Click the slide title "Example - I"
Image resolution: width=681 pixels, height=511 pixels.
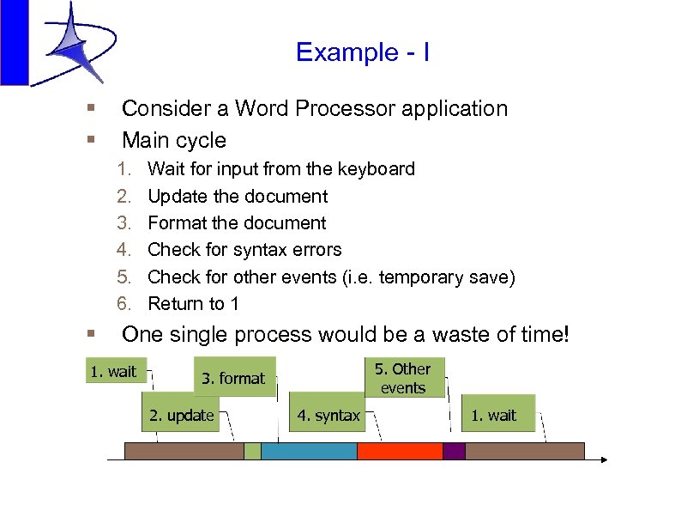362,52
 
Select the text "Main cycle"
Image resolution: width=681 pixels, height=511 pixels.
174,140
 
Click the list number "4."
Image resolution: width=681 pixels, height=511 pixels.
125,250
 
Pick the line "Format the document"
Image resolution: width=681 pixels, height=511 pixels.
237,223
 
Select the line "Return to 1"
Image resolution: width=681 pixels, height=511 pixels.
193,304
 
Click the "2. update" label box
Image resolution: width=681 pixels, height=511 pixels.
181,416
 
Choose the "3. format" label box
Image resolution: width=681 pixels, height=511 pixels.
234,378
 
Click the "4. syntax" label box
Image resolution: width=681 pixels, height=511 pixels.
328,416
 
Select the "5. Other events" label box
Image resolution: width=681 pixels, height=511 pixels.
404,378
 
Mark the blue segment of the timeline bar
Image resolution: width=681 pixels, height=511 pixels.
309,451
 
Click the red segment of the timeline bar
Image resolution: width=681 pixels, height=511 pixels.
400,451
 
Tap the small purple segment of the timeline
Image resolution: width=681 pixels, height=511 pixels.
454,451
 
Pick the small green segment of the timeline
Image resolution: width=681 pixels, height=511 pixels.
252,451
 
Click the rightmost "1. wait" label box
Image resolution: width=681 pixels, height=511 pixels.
497,416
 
